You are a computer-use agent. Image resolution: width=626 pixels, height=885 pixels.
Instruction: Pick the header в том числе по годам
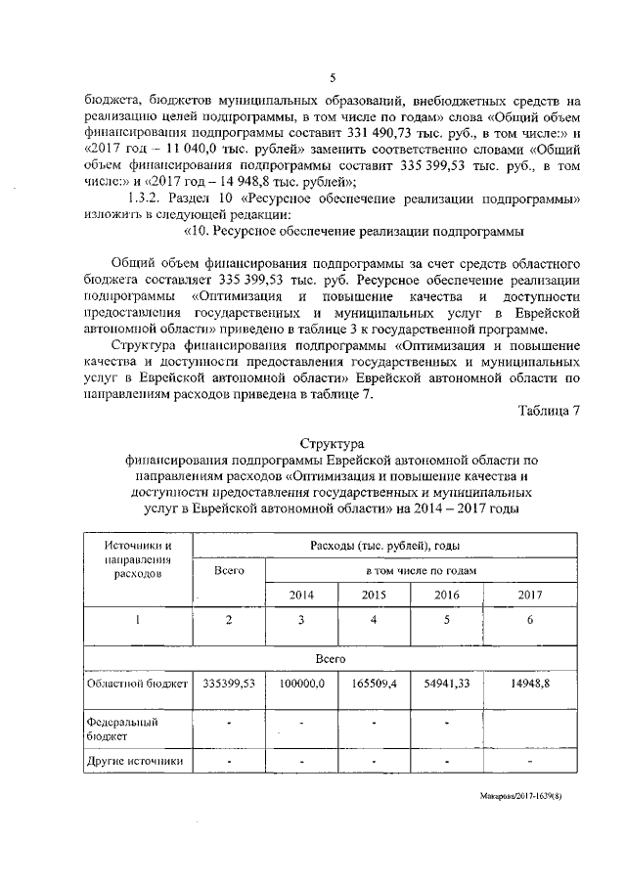[422, 570]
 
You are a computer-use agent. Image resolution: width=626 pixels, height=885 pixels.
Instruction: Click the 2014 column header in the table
[301, 595]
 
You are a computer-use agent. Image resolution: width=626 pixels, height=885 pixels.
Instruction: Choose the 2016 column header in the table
[445, 595]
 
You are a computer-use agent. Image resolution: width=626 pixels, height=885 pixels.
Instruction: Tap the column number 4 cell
[373, 618]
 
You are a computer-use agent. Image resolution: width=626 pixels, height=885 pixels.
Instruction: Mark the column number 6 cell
[528, 618]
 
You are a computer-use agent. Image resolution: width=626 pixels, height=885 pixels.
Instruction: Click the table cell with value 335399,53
[228, 686]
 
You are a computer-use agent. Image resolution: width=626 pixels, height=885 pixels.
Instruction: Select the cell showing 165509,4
[373, 686]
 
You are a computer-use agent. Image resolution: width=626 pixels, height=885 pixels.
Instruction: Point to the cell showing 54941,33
[445, 686]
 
